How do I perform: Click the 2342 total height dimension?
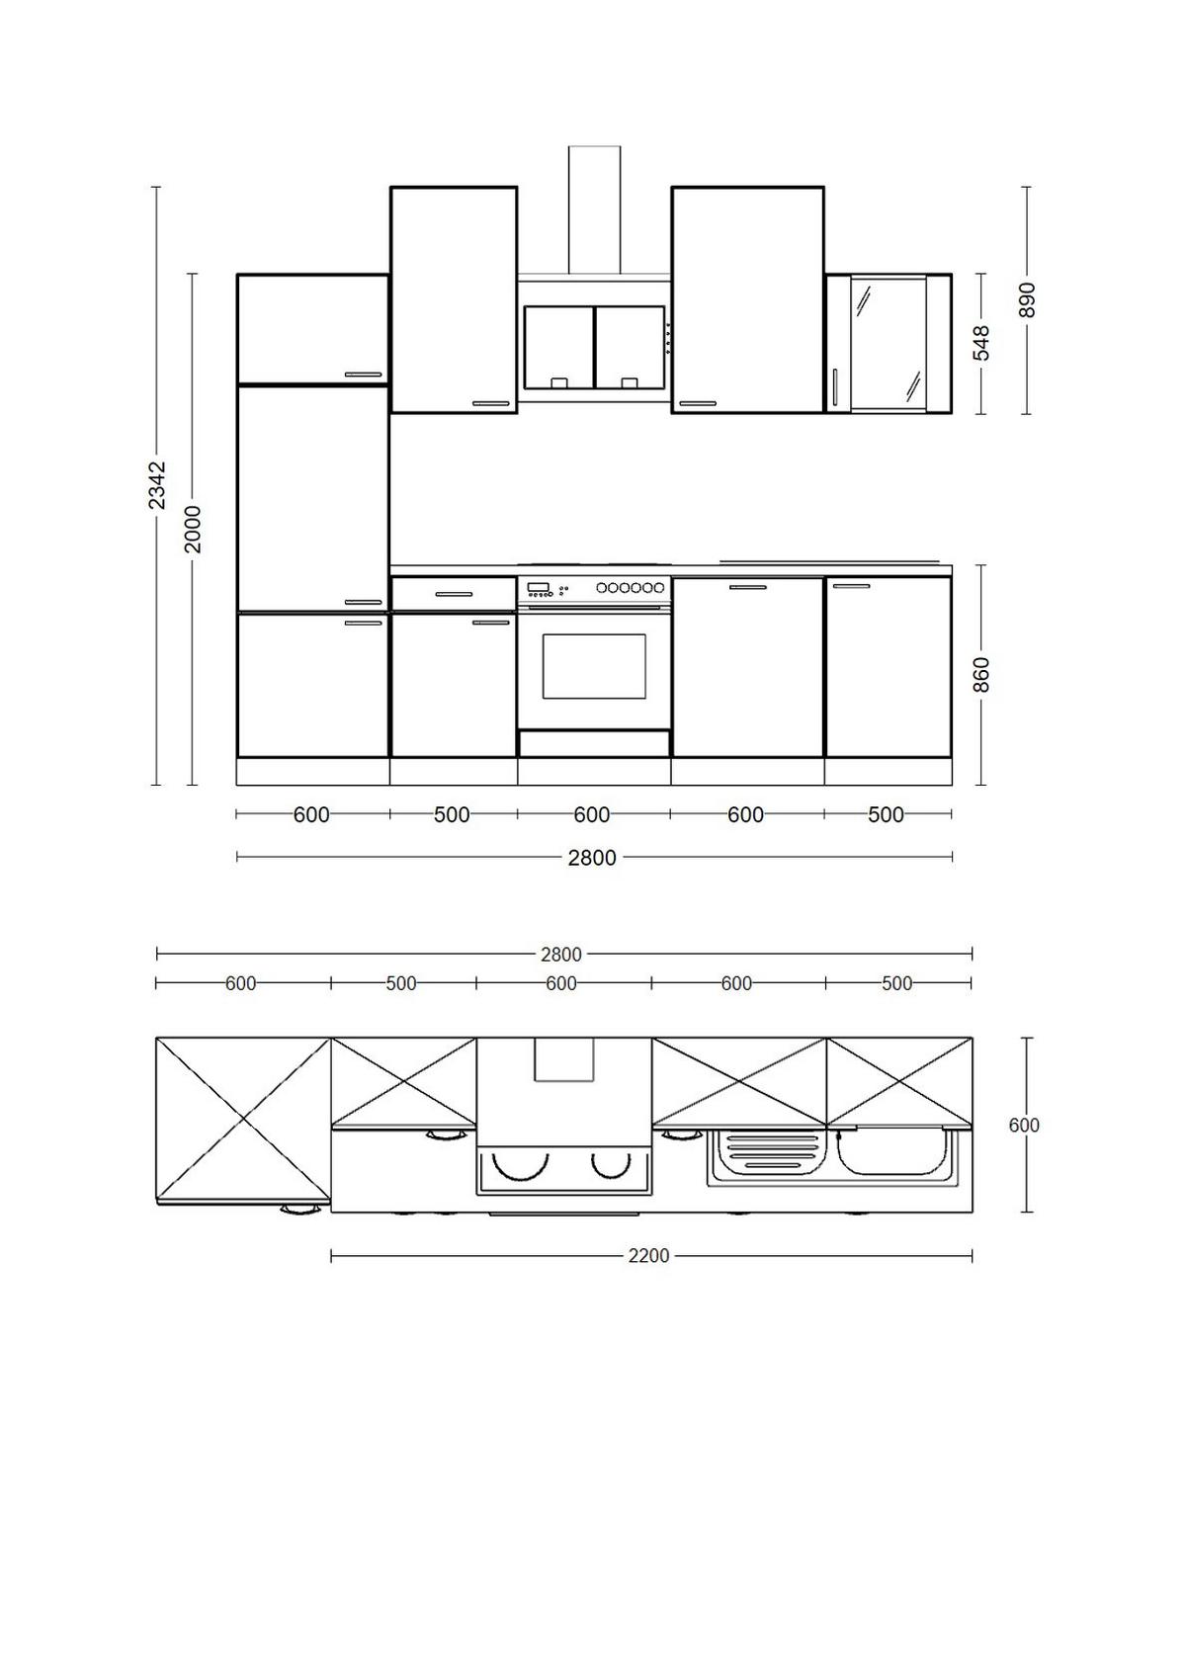(156, 485)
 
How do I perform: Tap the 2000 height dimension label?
(193, 529)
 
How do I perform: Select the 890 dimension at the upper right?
(1027, 299)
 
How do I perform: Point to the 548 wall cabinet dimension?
(981, 343)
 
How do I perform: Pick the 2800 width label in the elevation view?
(592, 858)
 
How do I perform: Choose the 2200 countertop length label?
(648, 1256)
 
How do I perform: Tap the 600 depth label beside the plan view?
(1024, 1126)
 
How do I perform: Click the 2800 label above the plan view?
(560, 955)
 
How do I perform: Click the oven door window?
(594, 666)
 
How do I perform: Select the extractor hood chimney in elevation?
(594, 209)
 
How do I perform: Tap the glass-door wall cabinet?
(889, 343)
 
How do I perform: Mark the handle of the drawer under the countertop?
(454, 594)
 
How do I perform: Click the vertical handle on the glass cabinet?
(835, 386)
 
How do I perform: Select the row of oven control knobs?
(630, 588)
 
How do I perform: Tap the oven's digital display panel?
(539, 588)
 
